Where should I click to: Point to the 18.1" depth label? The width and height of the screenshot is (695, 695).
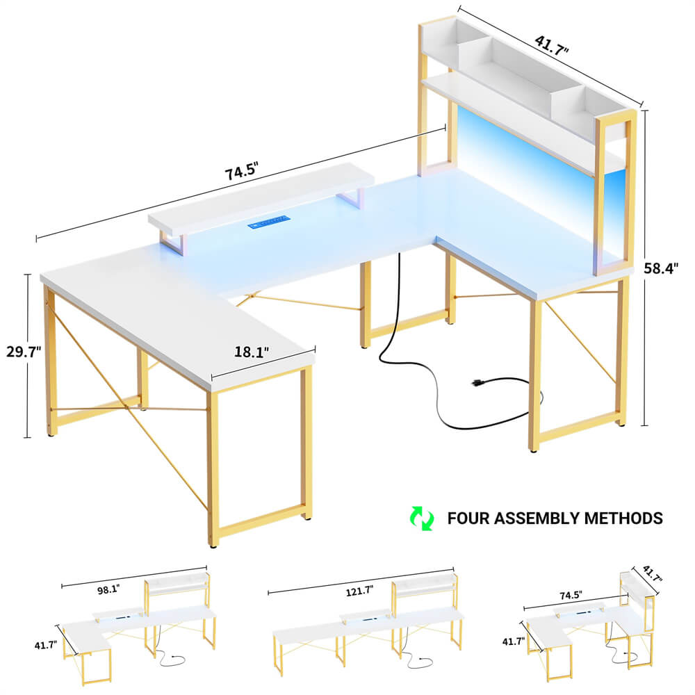pos(252,352)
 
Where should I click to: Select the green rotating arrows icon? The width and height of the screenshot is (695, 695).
pos(420,518)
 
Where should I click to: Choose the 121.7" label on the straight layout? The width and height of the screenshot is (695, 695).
pos(359,591)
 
